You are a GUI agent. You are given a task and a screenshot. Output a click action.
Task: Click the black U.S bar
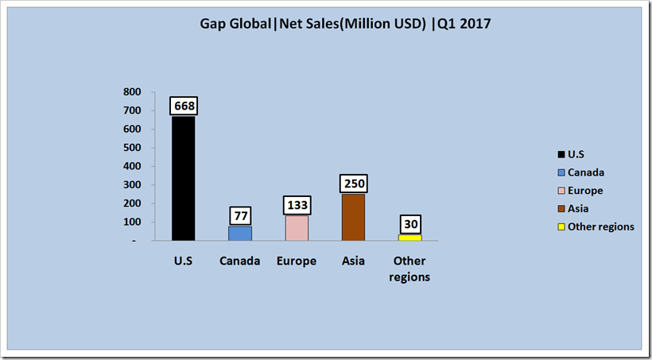point(183,179)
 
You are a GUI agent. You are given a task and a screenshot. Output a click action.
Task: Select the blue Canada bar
point(240,233)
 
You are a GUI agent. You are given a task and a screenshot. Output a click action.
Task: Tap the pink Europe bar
point(297,227)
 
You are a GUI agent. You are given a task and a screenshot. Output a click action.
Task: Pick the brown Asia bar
point(353,217)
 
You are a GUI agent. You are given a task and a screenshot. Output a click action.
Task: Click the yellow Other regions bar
point(410,237)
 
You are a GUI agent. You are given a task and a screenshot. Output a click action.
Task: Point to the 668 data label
point(183,106)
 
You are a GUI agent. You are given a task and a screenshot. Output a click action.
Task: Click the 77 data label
point(240,215)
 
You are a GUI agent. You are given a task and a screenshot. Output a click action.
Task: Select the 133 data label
point(297,205)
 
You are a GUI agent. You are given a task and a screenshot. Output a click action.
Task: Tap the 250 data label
point(353,184)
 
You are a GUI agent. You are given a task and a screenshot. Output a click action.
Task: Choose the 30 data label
point(410,224)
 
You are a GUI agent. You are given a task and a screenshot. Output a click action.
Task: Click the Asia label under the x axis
point(353,261)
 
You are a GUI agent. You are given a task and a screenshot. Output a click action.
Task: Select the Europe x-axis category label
point(297,261)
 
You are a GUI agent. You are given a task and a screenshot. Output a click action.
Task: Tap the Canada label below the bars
point(240,261)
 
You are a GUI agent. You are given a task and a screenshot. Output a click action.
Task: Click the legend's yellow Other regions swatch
point(561,226)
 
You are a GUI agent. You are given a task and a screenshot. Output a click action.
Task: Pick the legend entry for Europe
point(585,191)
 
